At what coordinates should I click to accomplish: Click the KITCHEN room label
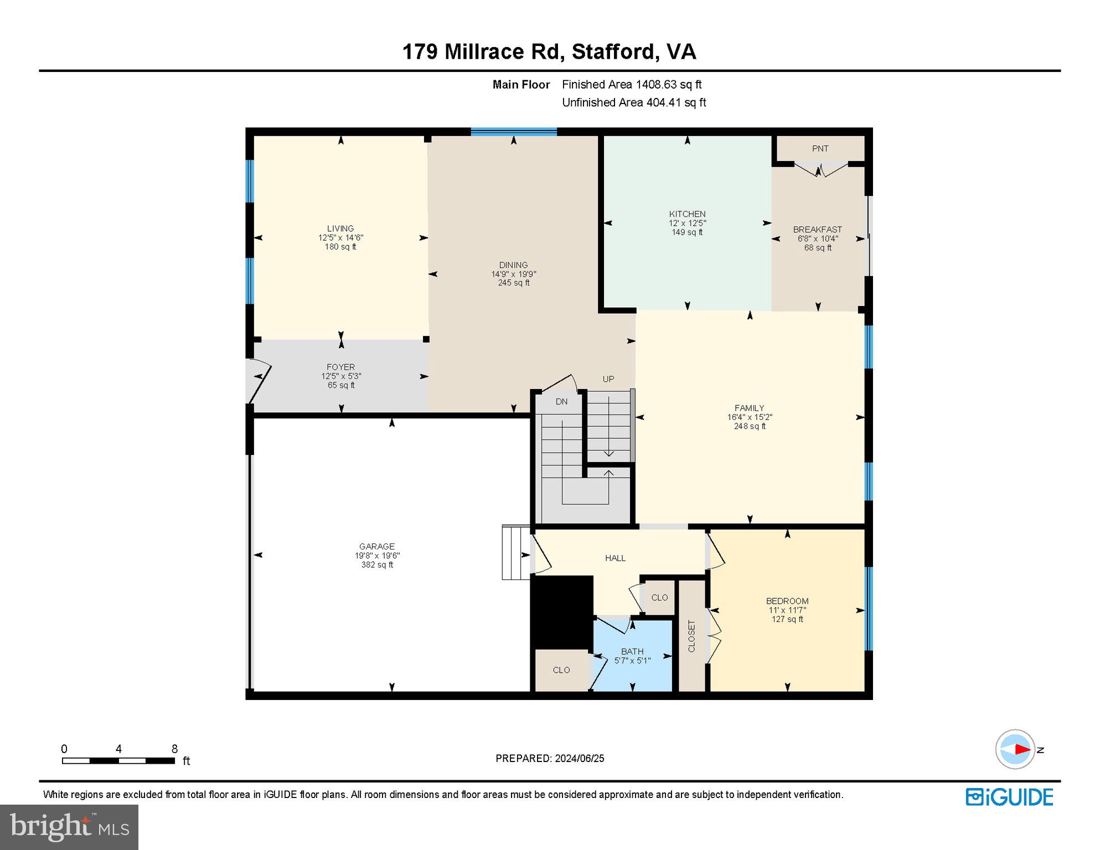(687, 214)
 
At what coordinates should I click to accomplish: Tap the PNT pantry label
(820, 148)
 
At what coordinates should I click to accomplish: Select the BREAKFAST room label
(817, 229)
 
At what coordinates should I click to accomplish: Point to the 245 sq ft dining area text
(513, 283)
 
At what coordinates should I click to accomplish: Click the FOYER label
(340, 367)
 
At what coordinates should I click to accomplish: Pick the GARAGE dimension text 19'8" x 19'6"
(377, 556)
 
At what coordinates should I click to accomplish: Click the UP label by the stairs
(608, 379)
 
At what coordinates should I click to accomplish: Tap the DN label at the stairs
(561, 402)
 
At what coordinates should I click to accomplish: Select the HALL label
(615, 558)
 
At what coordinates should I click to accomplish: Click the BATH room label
(632, 651)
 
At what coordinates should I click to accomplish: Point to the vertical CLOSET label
(691, 636)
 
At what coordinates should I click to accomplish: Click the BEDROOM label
(787, 601)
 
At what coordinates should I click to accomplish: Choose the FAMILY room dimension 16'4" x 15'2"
(749, 417)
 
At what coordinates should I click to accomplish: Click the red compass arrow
(1021, 749)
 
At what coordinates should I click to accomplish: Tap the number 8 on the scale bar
(174, 749)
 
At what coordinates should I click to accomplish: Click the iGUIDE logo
(1009, 797)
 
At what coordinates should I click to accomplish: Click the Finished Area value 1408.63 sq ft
(668, 85)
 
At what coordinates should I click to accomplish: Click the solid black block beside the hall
(561, 611)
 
